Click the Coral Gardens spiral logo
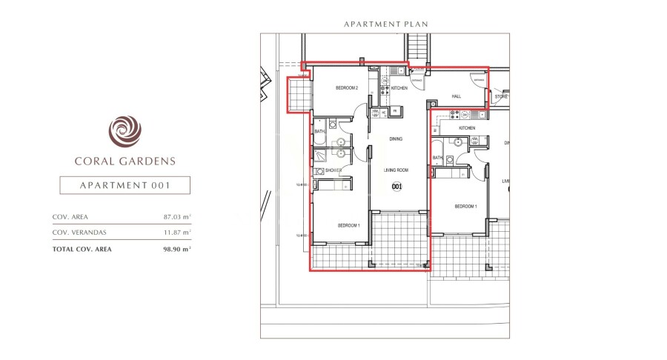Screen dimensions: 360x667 pyautogui.click(x=125, y=131)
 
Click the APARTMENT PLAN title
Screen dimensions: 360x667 pyautogui.click(x=385, y=24)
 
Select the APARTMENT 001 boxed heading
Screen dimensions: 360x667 pyautogui.click(x=125, y=185)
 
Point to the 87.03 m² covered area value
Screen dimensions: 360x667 pyautogui.click(x=177, y=217)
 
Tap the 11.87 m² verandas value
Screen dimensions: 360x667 pyautogui.click(x=177, y=232)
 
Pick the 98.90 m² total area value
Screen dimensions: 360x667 pyautogui.click(x=177, y=249)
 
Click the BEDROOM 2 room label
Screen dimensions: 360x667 pyautogui.click(x=347, y=88)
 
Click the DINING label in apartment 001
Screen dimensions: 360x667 pyautogui.click(x=396, y=139)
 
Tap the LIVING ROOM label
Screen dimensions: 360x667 pyautogui.click(x=396, y=170)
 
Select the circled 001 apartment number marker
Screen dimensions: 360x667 pyautogui.click(x=396, y=187)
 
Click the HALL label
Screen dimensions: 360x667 pyautogui.click(x=457, y=97)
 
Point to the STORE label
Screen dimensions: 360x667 pyautogui.click(x=502, y=96)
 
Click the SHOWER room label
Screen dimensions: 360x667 pyautogui.click(x=333, y=170)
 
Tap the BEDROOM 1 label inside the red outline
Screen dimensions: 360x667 pyautogui.click(x=349, y=225)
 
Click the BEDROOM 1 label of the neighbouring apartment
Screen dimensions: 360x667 pyautogui.click(x=465, y=206)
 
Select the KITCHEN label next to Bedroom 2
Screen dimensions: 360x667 pyautogui.click(x=399, y=88)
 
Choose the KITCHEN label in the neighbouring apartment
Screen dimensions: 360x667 pyautogui.click(x=467, y=128)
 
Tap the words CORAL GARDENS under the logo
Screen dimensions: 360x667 pyautogui.click(x=125, y=160)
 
